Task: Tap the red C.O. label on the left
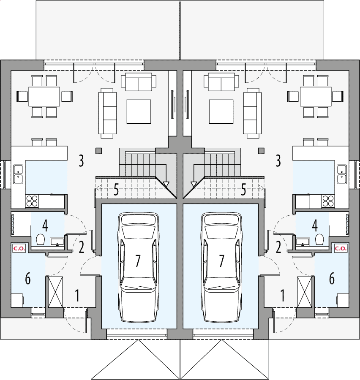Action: (x=19, y=248)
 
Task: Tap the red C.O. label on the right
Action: (x=341, y=248)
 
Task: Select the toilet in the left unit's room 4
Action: (x=41, y=240)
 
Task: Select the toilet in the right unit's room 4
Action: (x=319, y=240)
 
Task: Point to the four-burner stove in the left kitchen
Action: (x=32, y=201)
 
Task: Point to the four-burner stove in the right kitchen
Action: (x=328, y=201)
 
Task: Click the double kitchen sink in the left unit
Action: (x=18, y=174)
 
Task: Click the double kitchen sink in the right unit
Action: (x=342, y=174)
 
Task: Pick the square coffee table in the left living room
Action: (x=139, y=111)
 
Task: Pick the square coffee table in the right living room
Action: (x=221, y=111)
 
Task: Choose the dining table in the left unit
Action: (x=44, y=97)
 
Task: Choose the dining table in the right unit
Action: (x=316, y=97)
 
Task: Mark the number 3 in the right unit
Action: (x=278, y=161)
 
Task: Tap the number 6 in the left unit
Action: (x=28, y=279)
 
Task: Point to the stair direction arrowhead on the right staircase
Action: (x=194, y=184)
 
